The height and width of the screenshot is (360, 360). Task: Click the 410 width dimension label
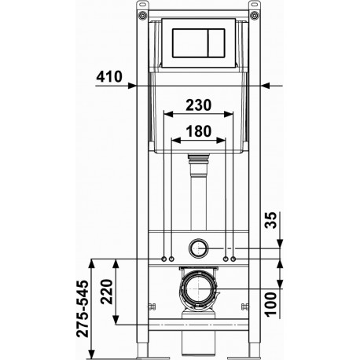point(109,76)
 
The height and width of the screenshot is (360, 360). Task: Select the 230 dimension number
point(198,105)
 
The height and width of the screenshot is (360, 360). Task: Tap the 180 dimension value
point(198,131)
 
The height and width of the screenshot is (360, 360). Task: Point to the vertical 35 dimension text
point(270,220)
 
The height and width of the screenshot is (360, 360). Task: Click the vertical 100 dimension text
point(270,304)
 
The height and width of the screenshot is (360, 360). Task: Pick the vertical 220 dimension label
point(106,292)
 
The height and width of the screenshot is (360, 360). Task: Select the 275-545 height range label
point(82,309)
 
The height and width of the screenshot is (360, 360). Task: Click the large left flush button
point(190,42)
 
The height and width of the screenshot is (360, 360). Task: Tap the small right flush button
point(217,42)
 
